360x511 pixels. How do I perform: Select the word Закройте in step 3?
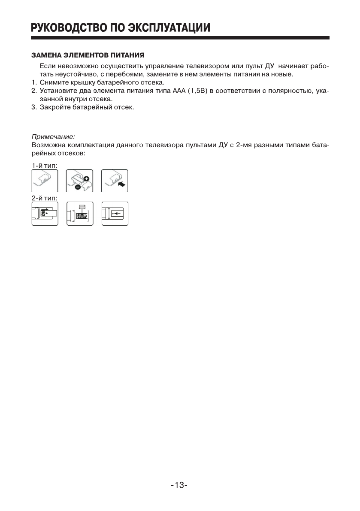(x=53, y=107)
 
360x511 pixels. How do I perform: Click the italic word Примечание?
(x=53, y=137)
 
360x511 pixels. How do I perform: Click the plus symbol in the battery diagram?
(x=86, y=178)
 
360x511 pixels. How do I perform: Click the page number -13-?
(x=180, y=485)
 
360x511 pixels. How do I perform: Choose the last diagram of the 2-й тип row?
(x=115, y=213)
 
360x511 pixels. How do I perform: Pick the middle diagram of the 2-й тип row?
(x=80, y=213)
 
